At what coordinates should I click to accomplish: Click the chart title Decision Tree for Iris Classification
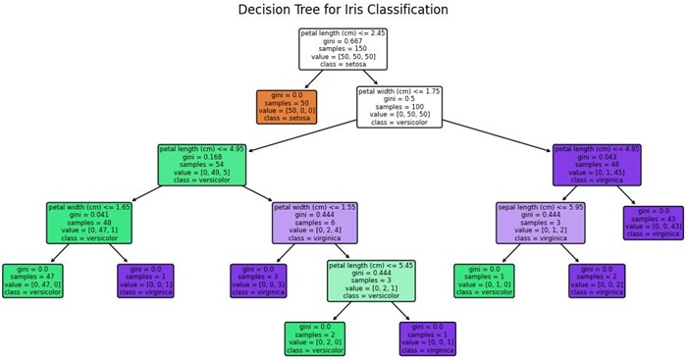[x=343, y=10]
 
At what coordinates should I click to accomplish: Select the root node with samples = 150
[x=343, y=49]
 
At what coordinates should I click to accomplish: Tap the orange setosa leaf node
[x=287, y=106]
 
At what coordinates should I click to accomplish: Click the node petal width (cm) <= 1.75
[x=398, y=106]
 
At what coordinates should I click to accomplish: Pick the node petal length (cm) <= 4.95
[x=201, y=165]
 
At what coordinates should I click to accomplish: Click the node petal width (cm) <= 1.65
[x=89, y=223]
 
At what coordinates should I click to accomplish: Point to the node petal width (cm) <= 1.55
[x=315, y=223]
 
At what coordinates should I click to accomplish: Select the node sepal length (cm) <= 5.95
[x=540, y=223]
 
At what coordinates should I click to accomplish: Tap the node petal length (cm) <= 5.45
[x=371, y=281]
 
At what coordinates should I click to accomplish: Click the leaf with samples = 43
[x=653, y=223]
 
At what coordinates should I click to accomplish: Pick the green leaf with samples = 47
[x=32, y=281]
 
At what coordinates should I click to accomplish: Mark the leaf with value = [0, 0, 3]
[x=258, y=281]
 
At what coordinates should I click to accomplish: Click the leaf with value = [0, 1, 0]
[x=484, y=281]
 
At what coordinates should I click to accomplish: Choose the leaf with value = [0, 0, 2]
[x=597, y=281]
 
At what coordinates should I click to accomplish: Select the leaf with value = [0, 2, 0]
[x=315, y=338]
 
